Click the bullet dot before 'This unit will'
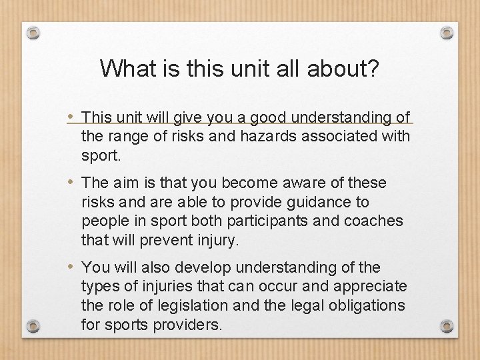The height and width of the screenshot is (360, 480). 71,117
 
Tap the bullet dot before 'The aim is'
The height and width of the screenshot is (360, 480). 71,183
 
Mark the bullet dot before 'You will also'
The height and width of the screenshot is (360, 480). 71,267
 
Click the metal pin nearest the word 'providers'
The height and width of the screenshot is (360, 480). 34,326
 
